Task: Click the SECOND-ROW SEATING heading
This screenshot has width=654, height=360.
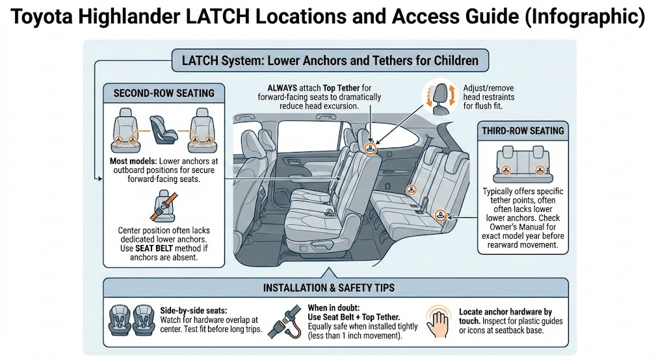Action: (164, 93)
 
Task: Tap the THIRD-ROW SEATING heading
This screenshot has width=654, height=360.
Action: (523, 131)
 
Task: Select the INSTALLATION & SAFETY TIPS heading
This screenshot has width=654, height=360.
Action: (329, 288)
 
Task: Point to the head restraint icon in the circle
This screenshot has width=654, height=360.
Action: (439, 98)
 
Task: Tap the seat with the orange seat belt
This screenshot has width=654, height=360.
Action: (164, 207)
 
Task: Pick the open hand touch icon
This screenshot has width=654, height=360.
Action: (439, 322)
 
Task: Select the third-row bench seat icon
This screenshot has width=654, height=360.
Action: (523, 164)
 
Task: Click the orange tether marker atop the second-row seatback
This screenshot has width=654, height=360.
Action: (370, 148)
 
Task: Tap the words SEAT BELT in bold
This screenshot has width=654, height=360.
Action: (153, 248)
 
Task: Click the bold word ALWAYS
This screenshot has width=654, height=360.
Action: (282, 88)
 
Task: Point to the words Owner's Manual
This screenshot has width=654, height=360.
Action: (523, 227)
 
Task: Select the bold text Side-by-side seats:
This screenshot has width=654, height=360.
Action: (194, 311)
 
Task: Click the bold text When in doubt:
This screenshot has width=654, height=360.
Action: (334, 308)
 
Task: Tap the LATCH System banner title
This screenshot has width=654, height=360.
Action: (330, 60)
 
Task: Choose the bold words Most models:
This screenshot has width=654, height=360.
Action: (133, 161)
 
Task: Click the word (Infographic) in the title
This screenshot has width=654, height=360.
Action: (584, 17)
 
